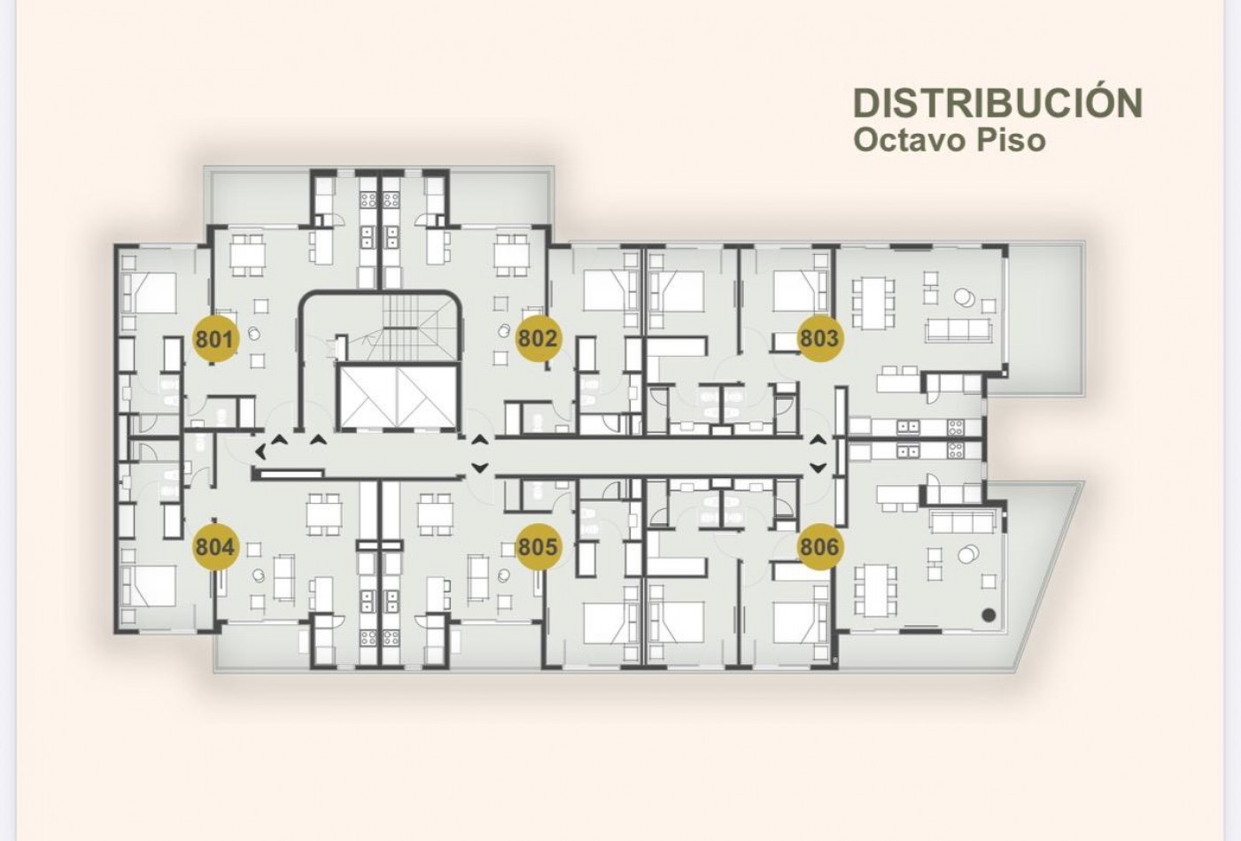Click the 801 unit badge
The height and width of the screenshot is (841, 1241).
click(215, 338)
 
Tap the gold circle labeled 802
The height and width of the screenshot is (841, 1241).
click(538, 338)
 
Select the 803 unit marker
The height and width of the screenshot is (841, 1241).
click(819, 338)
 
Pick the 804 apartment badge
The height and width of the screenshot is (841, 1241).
click(215, 547)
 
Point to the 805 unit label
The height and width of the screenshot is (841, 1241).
click(538, 547)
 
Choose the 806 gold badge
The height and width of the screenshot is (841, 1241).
click(819, 547)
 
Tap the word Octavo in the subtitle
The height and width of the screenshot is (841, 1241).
click(910, 140)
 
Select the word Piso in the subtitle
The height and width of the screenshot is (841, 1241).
click(1011, 140)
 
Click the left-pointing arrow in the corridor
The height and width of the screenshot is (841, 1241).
click(260, 451)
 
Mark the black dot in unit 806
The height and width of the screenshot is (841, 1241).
click(989, 614)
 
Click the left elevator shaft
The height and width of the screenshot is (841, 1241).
click(368, 397)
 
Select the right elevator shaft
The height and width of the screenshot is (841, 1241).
click(426, 397)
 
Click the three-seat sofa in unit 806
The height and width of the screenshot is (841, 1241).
click(961, 522)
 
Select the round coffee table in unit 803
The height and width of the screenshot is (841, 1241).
click(965, 299)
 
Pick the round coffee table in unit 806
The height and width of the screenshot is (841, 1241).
click(968, 553)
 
